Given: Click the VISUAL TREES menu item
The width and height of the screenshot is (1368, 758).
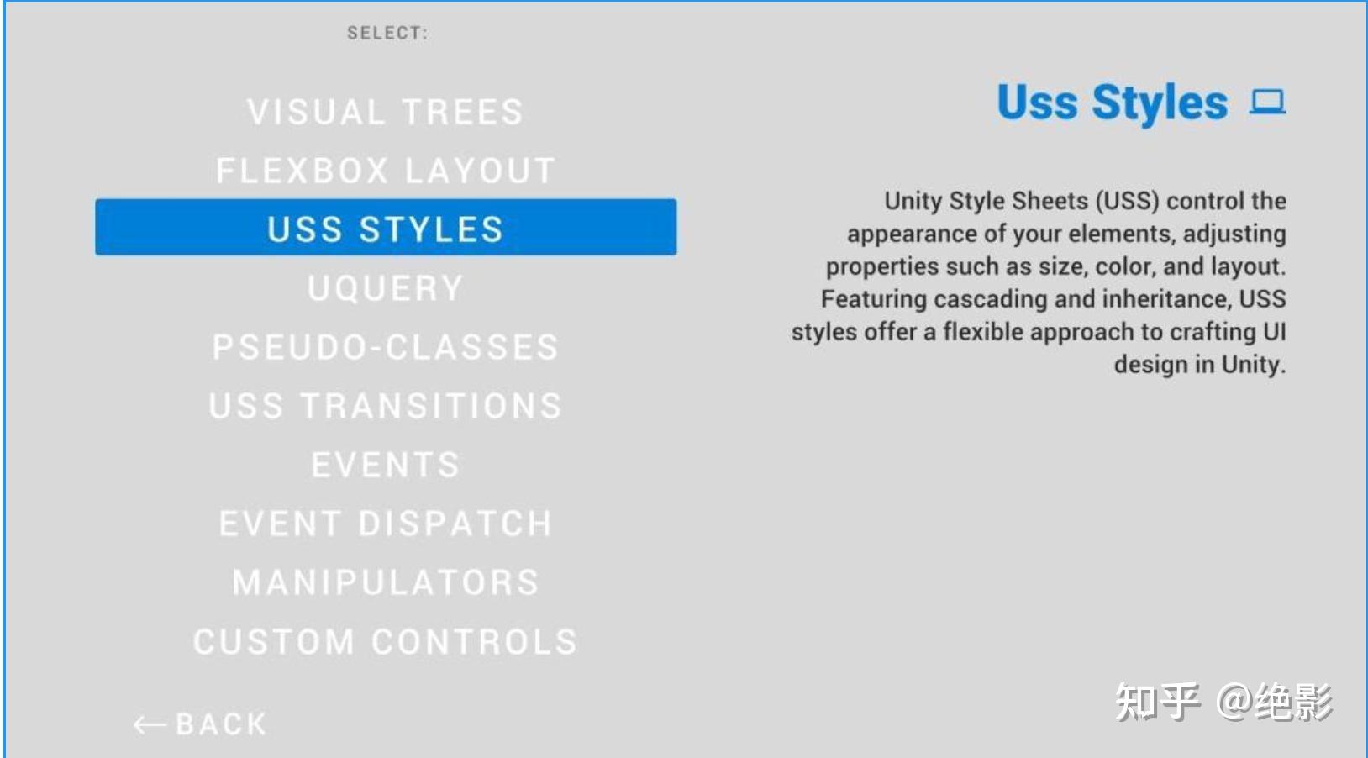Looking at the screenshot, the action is coord(386,112).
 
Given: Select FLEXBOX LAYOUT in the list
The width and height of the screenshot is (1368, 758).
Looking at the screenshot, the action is coord(386,171).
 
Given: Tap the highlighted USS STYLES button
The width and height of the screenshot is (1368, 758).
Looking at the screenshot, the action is coord(386,227).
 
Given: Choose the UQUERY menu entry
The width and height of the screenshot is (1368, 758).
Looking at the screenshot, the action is coord(386,288).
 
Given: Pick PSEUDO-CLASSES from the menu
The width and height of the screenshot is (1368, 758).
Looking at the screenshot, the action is coord(386,347).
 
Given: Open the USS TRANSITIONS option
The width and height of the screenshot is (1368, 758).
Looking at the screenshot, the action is coord(386,406).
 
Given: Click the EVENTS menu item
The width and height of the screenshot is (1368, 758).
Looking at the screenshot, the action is coord(386,464).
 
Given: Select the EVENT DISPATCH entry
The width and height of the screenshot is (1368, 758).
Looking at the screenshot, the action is coord(386,524).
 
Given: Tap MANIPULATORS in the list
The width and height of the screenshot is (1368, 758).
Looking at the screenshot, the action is coord(386,582).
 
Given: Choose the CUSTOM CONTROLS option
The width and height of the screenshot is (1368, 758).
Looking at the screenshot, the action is coord(386,641).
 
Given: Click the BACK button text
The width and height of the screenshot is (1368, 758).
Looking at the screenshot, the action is coord(221,724).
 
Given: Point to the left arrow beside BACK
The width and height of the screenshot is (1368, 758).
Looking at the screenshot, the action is coord(150,725).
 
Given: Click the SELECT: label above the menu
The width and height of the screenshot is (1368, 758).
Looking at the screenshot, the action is coord(388,33).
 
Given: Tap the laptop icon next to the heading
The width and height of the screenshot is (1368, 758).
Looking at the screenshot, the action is coord(1268,102).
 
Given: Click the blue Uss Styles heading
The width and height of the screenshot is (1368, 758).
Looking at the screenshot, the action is coord(1112,103).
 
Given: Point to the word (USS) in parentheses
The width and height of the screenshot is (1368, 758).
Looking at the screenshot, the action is coord(1128,201).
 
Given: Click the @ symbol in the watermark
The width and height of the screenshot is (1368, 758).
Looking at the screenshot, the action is coord(1234,703).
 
